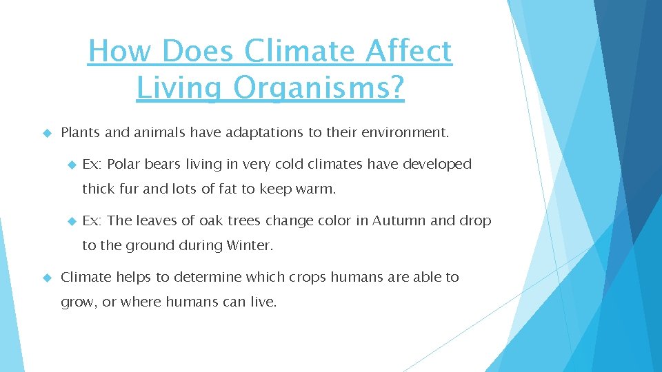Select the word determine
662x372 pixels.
pyautogui.click(x=209, y=277)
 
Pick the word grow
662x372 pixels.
pyautogui.click(x=77, y=302)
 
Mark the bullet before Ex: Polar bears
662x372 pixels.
pyautogui.click(x=70, y=165)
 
